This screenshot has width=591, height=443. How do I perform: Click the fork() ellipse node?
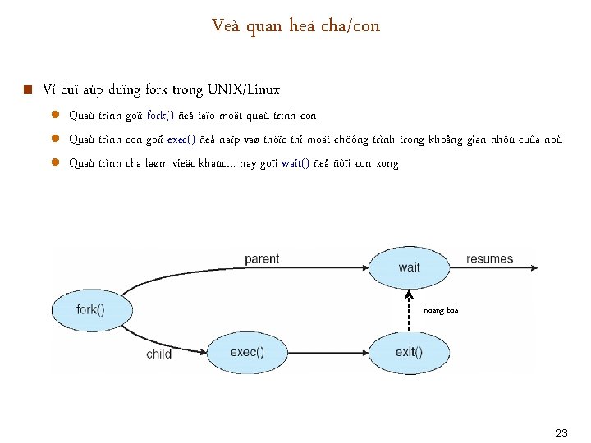91,310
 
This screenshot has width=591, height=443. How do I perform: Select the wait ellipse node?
409,267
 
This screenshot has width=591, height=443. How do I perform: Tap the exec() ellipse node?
246,353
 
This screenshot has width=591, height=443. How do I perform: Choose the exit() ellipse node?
409,353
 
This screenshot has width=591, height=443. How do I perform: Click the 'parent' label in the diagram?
262,259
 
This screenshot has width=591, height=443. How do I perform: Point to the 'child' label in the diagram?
158,354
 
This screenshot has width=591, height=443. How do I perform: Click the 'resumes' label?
489,259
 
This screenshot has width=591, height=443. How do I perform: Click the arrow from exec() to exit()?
328,353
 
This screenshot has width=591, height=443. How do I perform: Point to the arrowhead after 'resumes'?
536,267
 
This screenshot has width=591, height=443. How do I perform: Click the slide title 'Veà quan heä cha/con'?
295,26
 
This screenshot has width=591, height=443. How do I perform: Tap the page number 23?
561,432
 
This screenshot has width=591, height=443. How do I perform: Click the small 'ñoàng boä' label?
441,310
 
